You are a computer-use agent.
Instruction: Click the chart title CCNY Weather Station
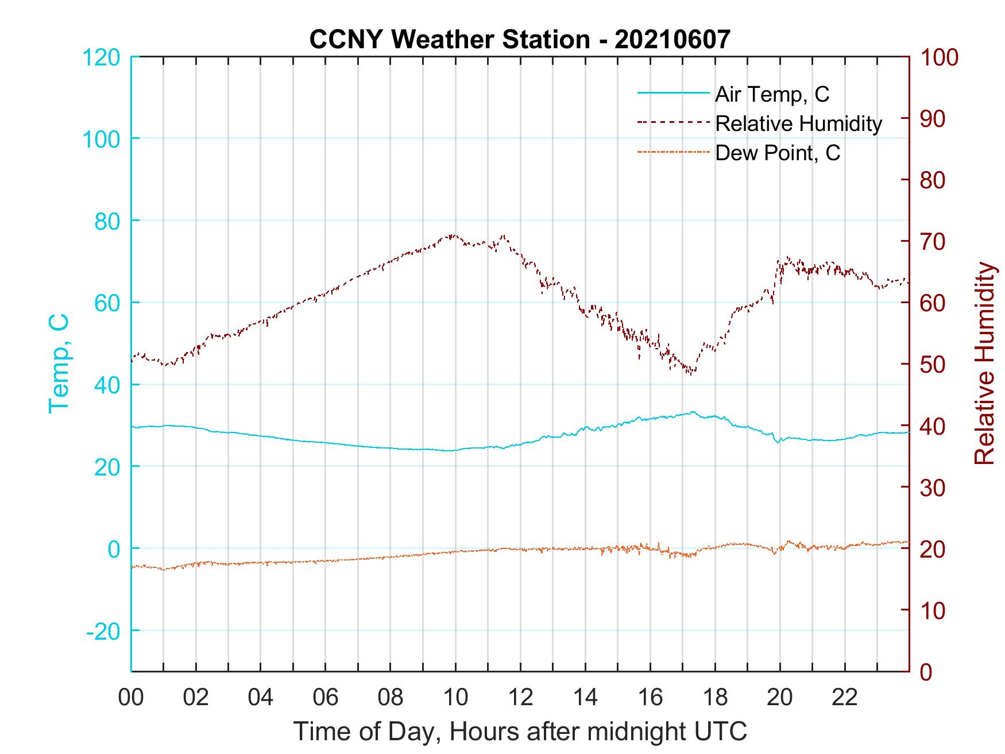tap(520, 39)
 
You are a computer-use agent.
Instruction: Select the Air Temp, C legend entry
tap(772, 94)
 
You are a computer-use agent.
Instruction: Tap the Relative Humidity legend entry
tap(798, 123)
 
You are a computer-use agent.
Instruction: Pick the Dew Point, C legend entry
tap(778, 153)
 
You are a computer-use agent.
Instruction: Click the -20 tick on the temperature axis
tap(103, 631)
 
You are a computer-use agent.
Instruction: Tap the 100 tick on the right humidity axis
tap(940, 57)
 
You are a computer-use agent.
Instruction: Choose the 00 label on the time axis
tap(131, 697)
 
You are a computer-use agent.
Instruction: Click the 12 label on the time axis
tap(520, 697)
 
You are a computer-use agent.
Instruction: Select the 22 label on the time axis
tap(845, 697)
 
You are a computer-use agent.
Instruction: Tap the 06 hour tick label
tap(326, 697)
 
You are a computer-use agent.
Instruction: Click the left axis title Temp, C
tap(59, 364)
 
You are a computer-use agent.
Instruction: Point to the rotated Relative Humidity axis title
tap(984, 364)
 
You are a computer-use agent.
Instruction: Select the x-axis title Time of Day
tap(520, 731)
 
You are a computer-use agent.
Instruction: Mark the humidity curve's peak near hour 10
tap(453, 235)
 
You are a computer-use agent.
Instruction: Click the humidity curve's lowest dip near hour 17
tap(690, 373)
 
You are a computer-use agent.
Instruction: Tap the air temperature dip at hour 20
tap(779, 442)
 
